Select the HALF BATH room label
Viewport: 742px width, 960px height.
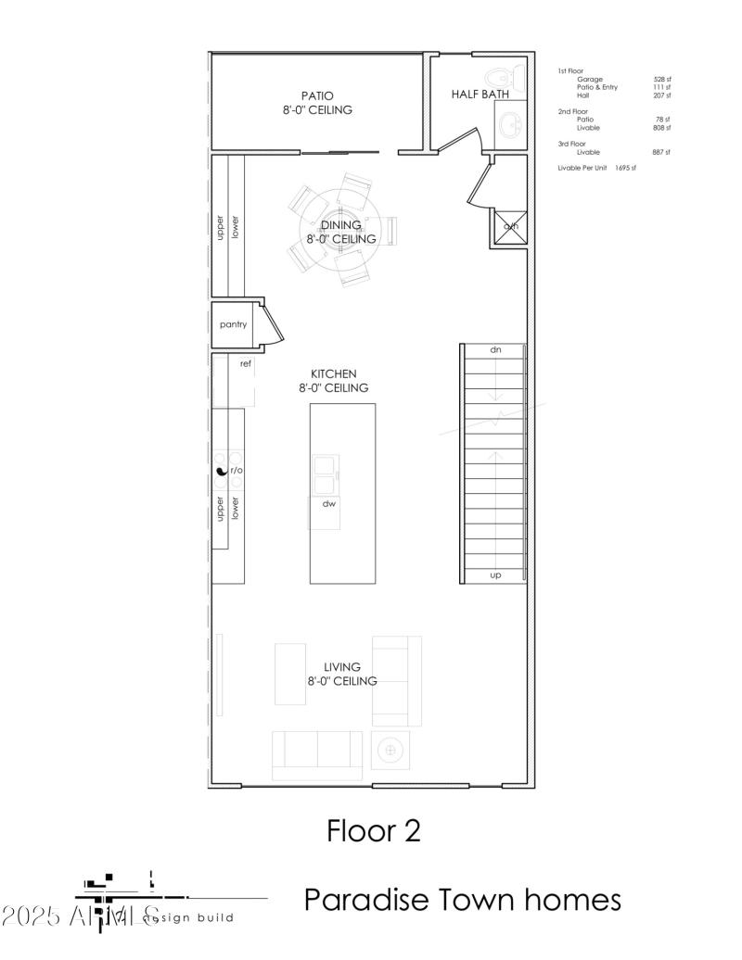pyautogui.click(x=480, y=95)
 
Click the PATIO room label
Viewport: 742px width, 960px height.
pyautogui.click(x=317, y=95)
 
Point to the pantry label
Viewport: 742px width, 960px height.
pyautogui.click(x=233, y=325)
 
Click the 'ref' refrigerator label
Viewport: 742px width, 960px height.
pyautogui.click(x=246, y=364)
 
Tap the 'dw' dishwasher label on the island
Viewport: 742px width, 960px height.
pyautogui.click(x=328, y=504)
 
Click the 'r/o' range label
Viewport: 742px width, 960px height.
pyautogui.click(x=237, y=471)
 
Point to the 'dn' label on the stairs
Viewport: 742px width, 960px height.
pyautogui.click(x=495, y=350)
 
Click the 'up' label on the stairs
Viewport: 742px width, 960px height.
pyautogui.click(x=495, y=575)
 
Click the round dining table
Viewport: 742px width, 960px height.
pyautogui.click(x=340, y=233)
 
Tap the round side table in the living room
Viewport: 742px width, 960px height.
pyautogui.click(x=390, y=749)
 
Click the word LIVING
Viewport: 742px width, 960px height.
pyautogui.click(x=341, y=666)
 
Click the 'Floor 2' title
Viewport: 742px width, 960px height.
pyautogui.click(x=373, y=831)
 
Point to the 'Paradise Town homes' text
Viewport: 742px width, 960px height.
pyautogui.click(x=462, y=899)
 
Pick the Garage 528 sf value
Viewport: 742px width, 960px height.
pyautogui.click(x=661, y=80)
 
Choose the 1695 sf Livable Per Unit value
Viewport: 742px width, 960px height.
pyautogui.click(x=625, y=168)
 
